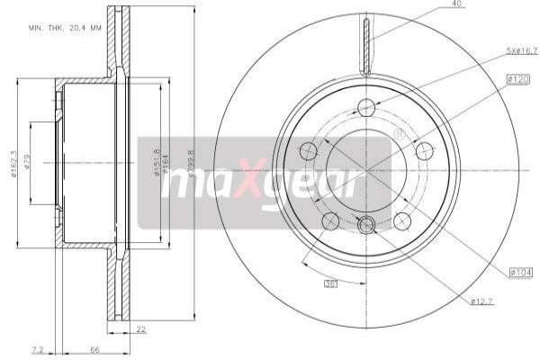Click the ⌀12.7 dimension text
point(483,301)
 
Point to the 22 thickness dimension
point(141,329)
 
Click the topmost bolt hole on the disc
point(366,107)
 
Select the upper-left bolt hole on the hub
point(308,150)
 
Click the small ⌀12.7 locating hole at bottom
point(366,225)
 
